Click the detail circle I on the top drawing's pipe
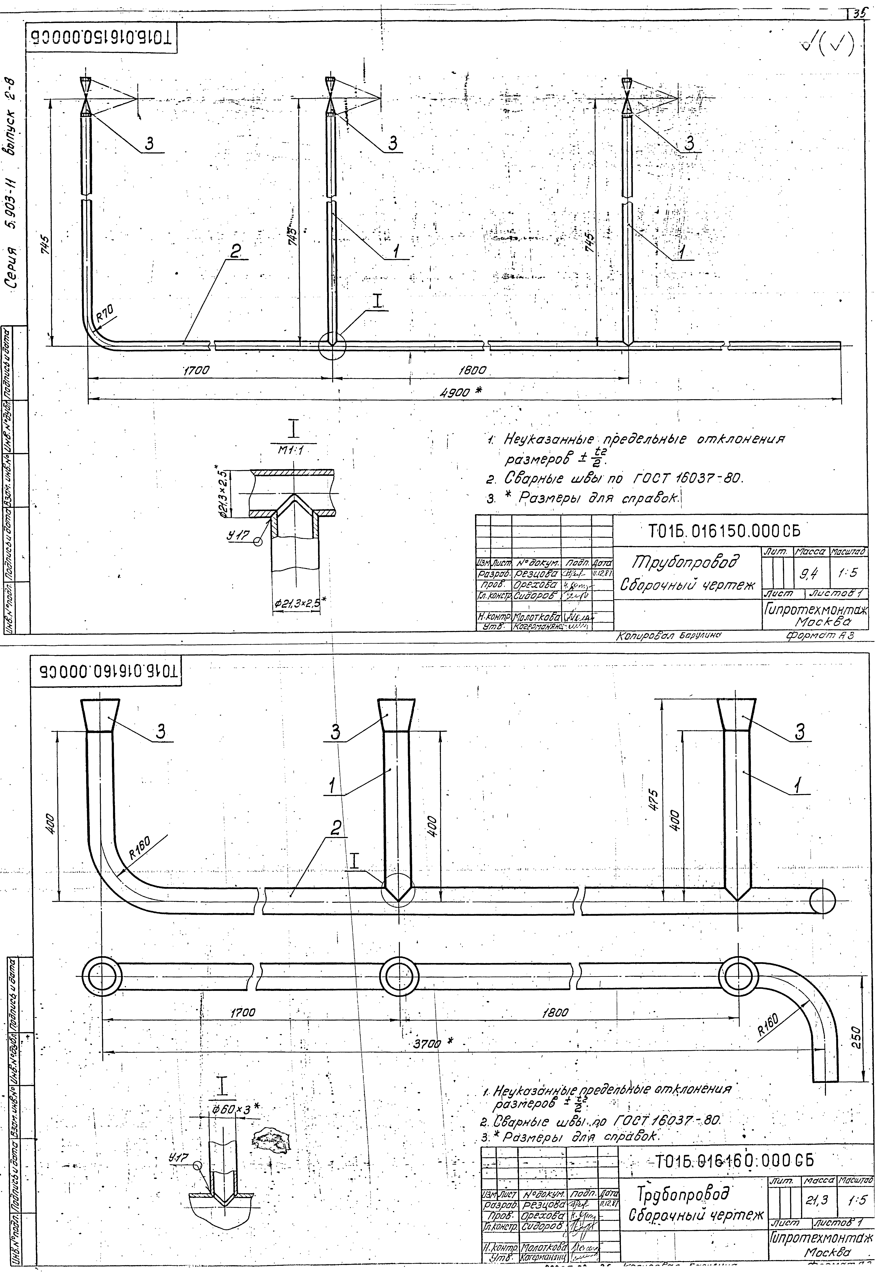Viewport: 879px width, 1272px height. coord(332,347)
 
